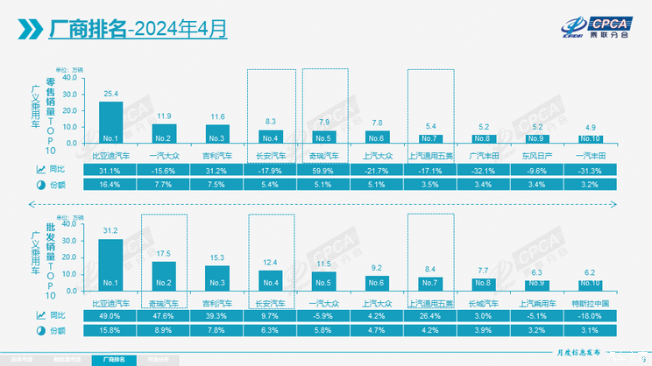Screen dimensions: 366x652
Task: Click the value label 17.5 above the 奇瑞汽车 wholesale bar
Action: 164,254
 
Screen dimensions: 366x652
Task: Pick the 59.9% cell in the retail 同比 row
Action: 324,169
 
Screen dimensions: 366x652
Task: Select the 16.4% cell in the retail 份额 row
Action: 110,185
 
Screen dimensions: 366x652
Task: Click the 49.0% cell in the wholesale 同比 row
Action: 110,314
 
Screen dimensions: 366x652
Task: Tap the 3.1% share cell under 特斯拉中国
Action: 591,330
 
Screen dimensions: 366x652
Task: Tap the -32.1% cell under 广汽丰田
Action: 484,169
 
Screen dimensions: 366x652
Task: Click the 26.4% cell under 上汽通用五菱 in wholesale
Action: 430,314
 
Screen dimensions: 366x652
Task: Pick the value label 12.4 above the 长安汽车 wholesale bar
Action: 271,263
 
